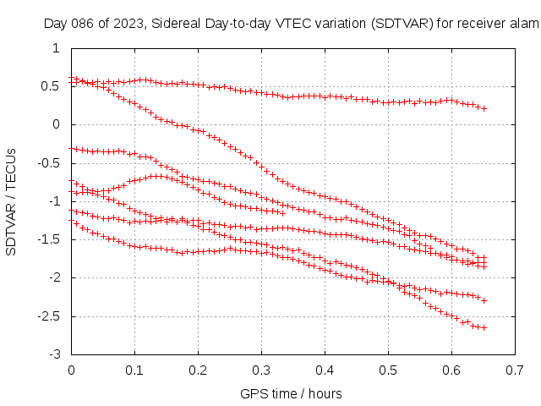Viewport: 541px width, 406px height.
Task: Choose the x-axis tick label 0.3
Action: click(261, 370)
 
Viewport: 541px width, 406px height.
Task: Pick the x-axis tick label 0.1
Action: click(134, 370)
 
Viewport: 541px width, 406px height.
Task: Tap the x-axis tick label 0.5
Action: click(388, 370)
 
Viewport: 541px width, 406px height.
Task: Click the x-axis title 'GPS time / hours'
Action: click(292, 393)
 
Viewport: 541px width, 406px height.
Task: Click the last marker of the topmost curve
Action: click(484, 109)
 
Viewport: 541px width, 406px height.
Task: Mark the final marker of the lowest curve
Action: click(484, 327)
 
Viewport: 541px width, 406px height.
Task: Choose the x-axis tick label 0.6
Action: click(451, 370)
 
